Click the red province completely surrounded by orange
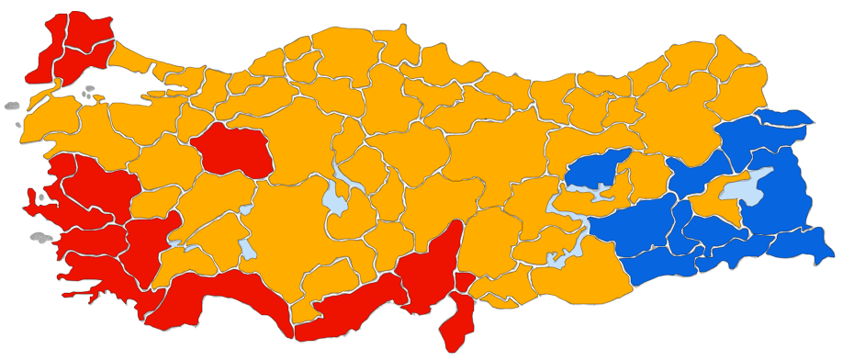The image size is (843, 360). tap(232, 151)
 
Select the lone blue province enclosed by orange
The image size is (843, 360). tap(598, 169)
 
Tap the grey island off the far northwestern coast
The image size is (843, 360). tap(11, 106)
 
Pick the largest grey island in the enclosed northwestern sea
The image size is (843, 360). tap(89, 92)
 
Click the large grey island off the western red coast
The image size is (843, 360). tap(42, 238)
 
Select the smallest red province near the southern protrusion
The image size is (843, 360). tap(464, 282)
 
